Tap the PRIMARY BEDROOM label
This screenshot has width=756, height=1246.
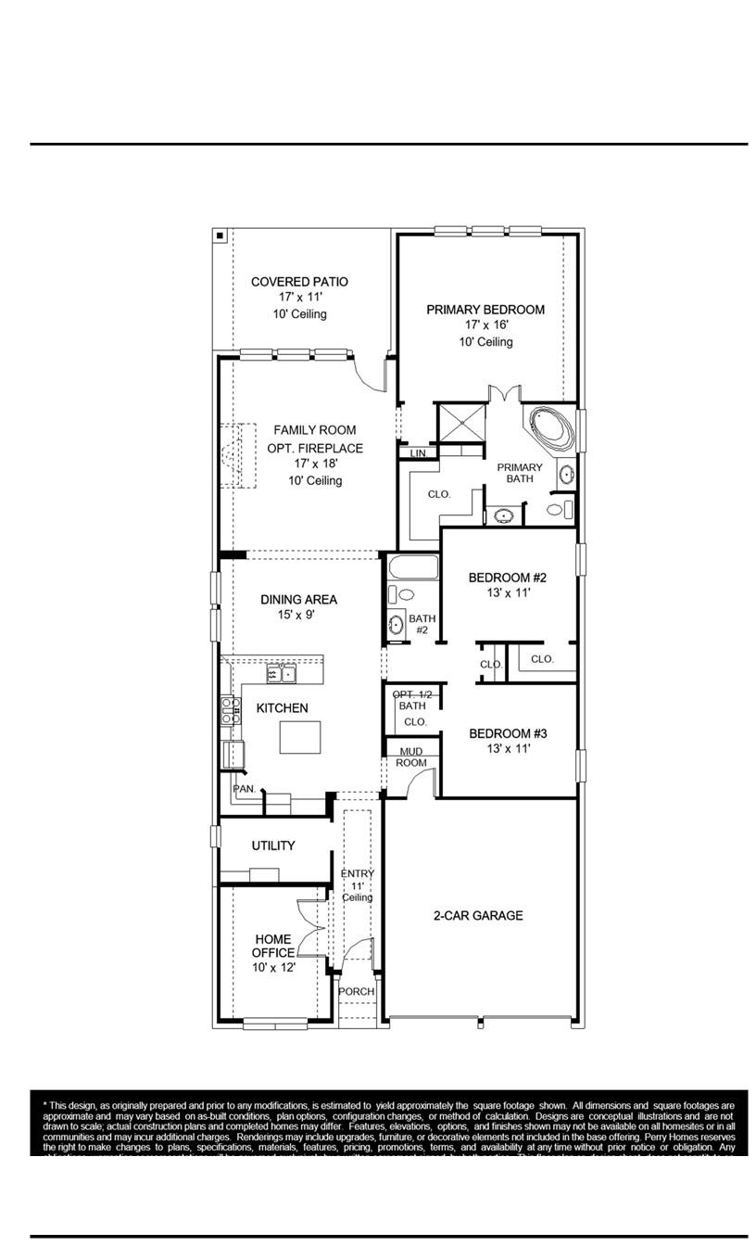pos(485,310)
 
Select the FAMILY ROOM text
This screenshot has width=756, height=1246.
pos(314,430)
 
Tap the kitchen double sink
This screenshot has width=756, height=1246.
pos(281,672)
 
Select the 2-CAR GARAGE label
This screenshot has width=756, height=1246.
pos(478,916)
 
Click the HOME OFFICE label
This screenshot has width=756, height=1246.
pos(272,946)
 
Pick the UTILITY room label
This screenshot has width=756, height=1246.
pos(273,845)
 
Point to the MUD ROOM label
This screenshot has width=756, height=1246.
pos(411,756)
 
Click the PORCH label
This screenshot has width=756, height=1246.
pos(356,991)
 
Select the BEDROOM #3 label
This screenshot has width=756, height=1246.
pos(508,733)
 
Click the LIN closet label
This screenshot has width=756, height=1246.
pos(418,453)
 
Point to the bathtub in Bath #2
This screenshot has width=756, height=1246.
pos(410,566)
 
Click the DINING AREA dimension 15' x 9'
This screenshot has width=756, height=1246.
pos(297,616)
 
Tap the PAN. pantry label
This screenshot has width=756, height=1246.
pos(244,788)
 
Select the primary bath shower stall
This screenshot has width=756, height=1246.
pos(461,424)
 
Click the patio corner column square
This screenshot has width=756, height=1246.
pos(220,235)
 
